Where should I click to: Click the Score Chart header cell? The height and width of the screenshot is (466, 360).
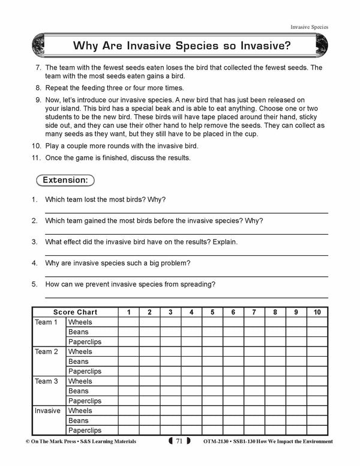(75, 312)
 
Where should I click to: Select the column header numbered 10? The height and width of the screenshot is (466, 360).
(317, 312)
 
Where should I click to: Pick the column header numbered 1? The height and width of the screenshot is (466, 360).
(128, 312)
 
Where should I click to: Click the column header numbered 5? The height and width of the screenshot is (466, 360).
(212, 312)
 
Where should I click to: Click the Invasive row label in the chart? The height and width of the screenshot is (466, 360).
(48, 411)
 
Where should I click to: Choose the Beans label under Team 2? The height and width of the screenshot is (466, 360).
(79, 362)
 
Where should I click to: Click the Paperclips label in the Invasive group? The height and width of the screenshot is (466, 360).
(85, 431)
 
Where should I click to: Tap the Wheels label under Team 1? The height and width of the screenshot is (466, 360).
(80, 322)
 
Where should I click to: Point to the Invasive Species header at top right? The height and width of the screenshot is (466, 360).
(309, 27)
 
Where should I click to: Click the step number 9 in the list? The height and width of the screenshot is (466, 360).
(38, 99)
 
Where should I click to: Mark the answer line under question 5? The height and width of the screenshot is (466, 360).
(186, 297)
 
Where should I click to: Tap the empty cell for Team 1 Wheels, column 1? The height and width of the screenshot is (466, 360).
(128, 322)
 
